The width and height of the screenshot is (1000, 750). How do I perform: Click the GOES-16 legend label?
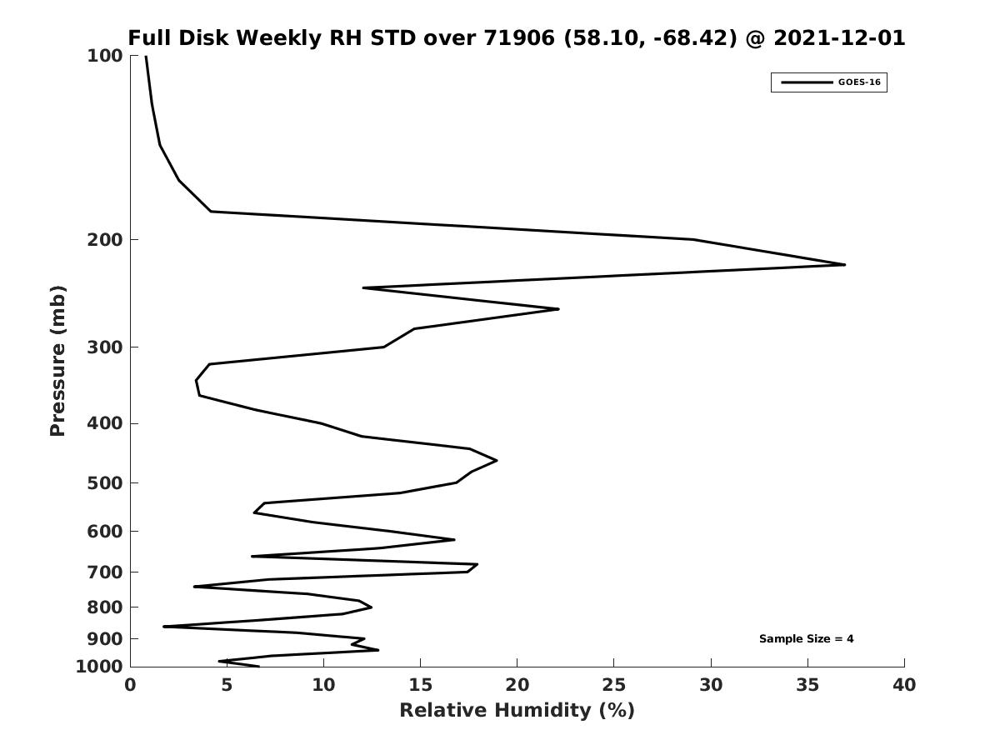click(x=859, y=82)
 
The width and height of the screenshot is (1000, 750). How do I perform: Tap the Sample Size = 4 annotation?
click(x=806, y=639)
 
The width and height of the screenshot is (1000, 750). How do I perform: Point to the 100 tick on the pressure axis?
click(x=105, y=56)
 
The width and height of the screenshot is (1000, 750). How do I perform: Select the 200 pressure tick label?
click(x=105, y=240)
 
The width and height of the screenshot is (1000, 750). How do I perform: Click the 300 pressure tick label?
click(x=105, y=347)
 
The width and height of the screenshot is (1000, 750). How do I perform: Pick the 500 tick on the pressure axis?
click(x=105, y=483)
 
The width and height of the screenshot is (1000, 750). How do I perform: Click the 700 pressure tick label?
click(x=105, y=572)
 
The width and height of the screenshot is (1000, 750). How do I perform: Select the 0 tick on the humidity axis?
click(x=131, y=685)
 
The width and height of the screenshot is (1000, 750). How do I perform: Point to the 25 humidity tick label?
click(x=614, y=685)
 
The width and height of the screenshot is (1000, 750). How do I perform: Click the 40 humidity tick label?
click(x=904, y=685)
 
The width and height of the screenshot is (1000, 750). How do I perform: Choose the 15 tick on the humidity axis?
click(x=421, y=685)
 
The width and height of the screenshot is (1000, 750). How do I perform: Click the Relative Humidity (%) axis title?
click(x=517, y=711)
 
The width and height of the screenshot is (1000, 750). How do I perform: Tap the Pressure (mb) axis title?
click(x=57, y=361)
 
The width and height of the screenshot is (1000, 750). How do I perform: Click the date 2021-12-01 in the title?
click(x=839, y=38)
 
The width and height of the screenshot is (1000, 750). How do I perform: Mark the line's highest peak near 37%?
click(x=844, y=265)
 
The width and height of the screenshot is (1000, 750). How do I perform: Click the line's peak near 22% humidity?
click(x=557, y=309)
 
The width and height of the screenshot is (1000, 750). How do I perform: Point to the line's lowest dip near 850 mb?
click(x=164, y=627)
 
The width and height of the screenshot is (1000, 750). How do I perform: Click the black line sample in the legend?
click(x=806, y=82)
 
